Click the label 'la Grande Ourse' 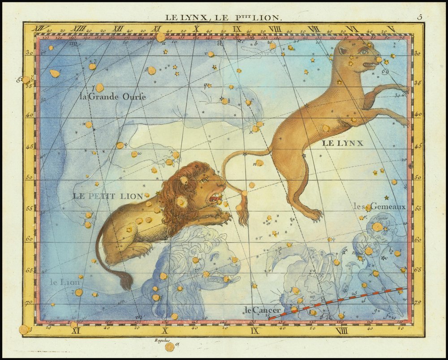point(112,96)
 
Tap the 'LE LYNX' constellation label point(342,143)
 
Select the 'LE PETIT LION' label point(108,196)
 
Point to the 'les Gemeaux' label point(379,206)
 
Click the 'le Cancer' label point(263,309)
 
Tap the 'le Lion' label point(65,282)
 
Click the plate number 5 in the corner point(419,17)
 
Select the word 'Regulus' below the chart point(163,340)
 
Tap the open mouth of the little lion point(215,197)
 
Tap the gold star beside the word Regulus point(169,347)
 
